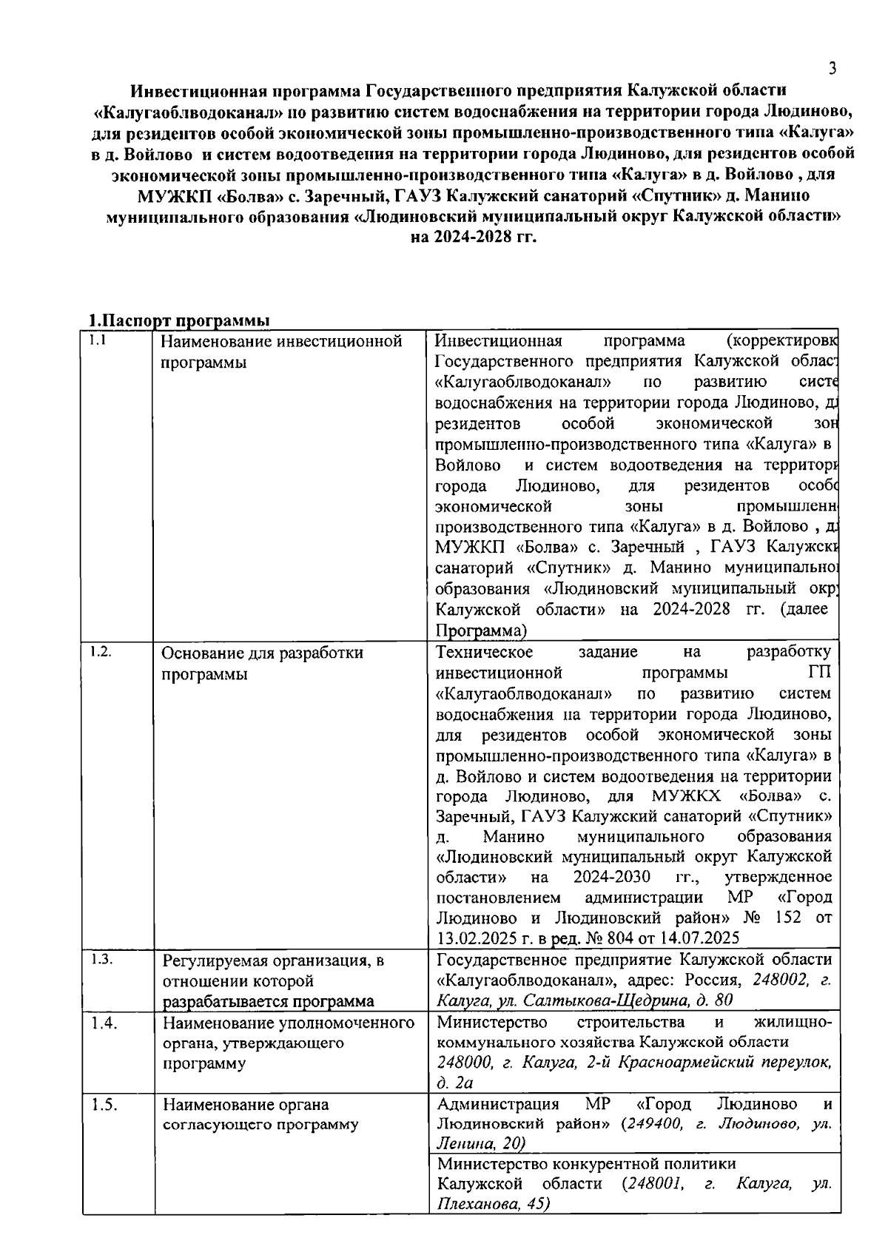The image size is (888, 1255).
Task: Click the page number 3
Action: click(x=832, y=69)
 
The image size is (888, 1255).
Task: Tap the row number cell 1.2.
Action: click(x=100, y=652)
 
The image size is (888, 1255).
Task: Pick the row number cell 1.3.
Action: click(x=101, y=960)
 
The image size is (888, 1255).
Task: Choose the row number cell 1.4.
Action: click(x=104, y=1023)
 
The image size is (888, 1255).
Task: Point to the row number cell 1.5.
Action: click(x=104, y=1106)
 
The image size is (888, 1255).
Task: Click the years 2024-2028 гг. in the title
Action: click(x=474, y=238)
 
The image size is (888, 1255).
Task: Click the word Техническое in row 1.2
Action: click(x=485, y=652)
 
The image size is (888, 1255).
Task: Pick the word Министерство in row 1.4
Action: click(x=492, y=1023)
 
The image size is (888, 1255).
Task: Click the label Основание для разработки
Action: click(x=262, y=653)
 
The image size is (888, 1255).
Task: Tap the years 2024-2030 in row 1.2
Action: click(x=611, y=877)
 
